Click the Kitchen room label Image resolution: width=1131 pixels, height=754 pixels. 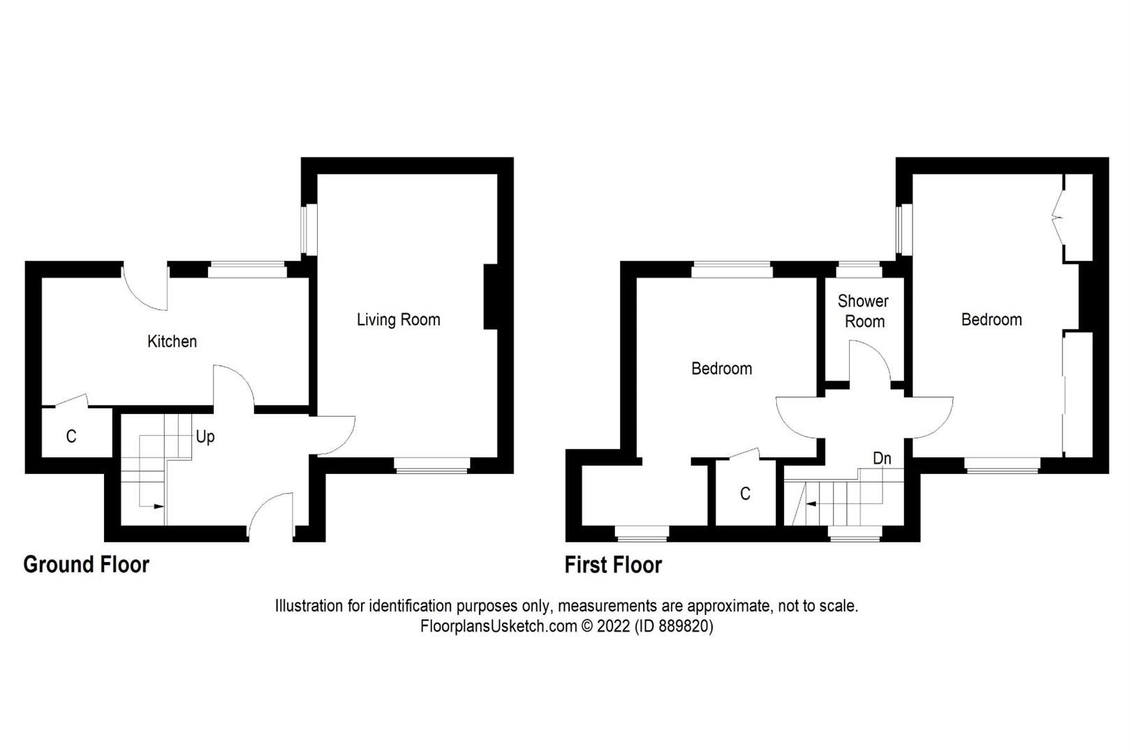coord(172,341)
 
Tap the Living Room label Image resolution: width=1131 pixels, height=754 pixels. coord(398,320)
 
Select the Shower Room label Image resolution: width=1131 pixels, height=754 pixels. coord(863,311)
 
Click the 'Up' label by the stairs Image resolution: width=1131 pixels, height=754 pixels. coord(205,437)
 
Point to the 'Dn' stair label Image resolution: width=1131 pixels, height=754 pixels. coord(882,459)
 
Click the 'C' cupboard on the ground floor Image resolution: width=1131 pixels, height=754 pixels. coord(71,437)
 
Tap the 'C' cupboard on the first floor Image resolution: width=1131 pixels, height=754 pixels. coord(745,494)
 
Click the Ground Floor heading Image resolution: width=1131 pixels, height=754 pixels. coord(86,564)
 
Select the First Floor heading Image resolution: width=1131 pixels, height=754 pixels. coord(613,564)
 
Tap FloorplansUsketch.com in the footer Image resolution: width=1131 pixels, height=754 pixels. coord(498,626)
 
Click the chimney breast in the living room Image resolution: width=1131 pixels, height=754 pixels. coord(490,297)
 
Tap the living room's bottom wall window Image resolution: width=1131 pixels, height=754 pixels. coord(431,466)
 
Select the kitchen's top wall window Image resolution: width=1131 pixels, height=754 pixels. coord(247,269)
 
